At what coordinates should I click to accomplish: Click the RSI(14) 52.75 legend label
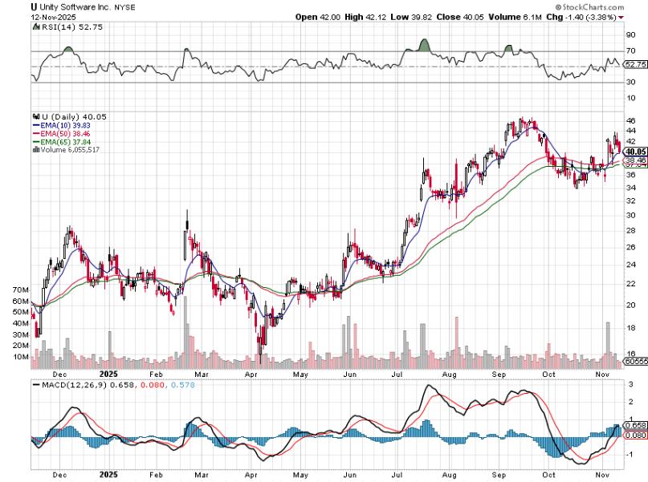click(63, 27)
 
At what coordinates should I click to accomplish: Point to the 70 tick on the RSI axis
click(631, 51)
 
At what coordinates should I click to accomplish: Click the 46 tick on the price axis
click(631, 120)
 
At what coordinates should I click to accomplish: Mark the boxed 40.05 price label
click(635, 152)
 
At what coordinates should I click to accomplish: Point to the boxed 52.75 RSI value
click(635, 64)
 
